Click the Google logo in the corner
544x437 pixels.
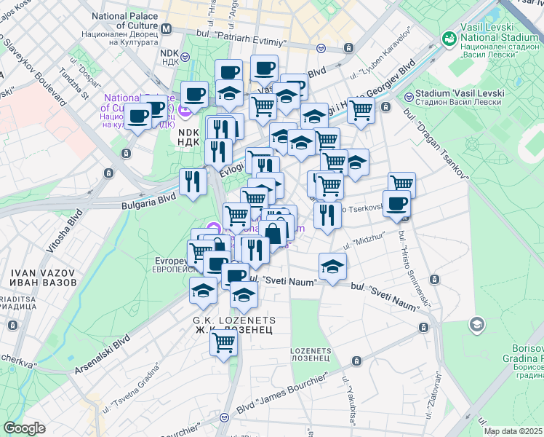tap(24, 428)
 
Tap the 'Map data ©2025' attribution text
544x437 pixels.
tap(513, 431)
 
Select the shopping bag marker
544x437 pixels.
tap(273, 233)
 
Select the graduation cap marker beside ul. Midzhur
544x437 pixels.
tap(332, 266)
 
